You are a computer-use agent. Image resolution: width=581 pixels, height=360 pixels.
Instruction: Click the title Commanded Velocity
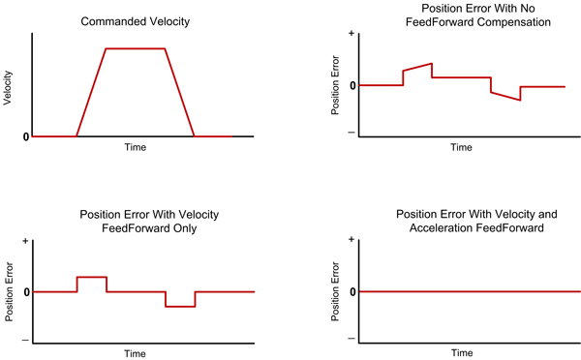point(135,21)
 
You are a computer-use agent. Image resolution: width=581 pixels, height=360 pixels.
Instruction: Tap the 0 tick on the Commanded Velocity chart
point(25,136)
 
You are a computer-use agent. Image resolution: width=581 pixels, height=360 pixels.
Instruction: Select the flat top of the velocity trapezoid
point(135,48)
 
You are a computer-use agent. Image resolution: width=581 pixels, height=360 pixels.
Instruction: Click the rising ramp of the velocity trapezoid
point(91,92)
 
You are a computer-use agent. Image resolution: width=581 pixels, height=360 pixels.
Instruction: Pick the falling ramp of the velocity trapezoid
point(180,92)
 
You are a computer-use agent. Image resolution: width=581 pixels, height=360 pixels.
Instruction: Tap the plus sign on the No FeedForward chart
point(350,34)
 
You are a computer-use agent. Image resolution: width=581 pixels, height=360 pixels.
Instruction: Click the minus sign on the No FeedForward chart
point(350,133)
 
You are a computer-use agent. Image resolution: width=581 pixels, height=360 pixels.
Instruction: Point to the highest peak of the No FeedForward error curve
point(431,64)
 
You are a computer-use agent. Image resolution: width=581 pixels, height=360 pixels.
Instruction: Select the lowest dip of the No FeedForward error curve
point(520,100)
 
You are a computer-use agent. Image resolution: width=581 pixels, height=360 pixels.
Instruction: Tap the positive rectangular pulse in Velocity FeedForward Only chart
point(92,278)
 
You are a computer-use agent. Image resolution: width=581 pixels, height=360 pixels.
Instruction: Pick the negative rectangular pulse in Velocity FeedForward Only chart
point(180,306)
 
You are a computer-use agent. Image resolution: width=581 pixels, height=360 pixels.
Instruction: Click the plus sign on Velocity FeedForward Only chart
point(25,241)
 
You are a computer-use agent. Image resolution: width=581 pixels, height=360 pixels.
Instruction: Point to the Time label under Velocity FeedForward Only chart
point(136,353)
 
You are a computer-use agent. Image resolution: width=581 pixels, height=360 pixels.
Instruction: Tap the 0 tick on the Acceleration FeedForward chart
point(351,291)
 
